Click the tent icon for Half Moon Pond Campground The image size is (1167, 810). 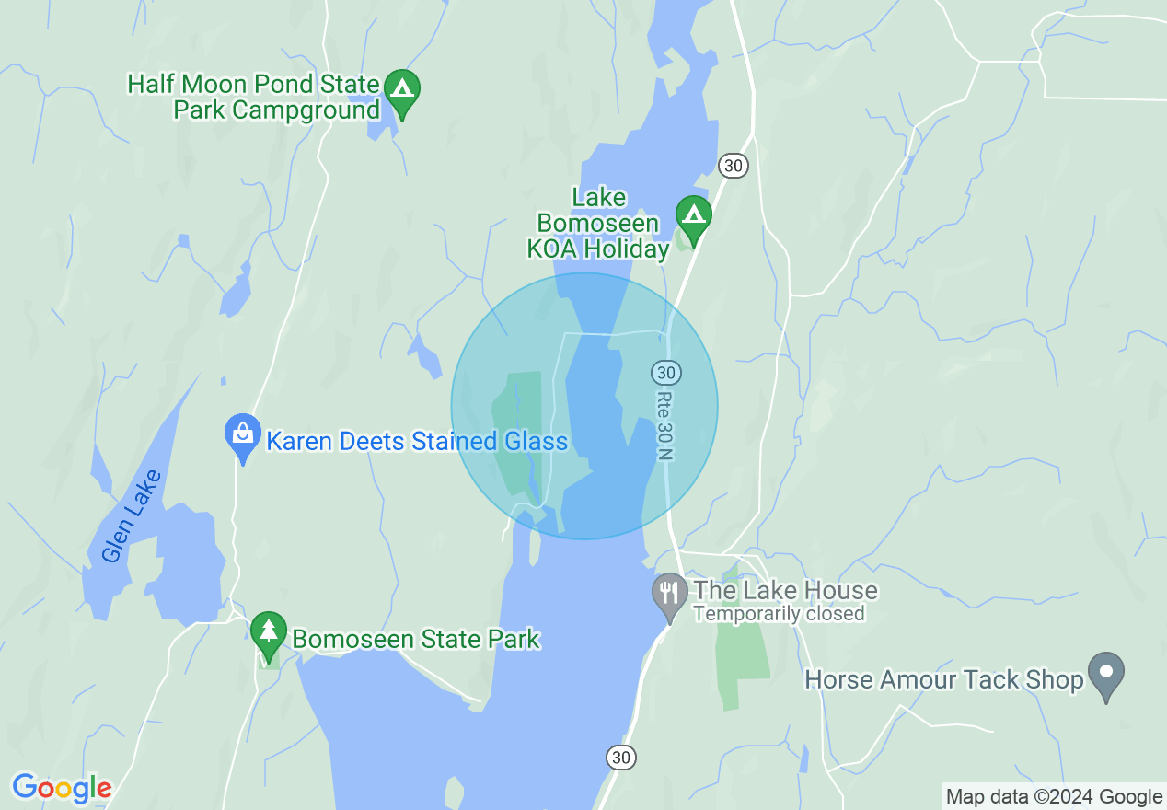(x=401, y=90)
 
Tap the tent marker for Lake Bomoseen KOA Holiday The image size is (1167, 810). (x=693, y=216)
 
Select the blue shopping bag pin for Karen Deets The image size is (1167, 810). (x=242, y=434)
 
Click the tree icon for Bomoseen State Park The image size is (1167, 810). (x=268, y=631)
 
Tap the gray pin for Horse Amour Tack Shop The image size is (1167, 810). (x=1106, y=673)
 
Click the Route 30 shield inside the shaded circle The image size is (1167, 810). (x=666, y=373)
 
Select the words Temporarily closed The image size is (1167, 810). (x=778, y=614)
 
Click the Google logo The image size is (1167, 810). (x=62, y=788)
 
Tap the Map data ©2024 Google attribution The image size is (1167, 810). (x=1054, y=797)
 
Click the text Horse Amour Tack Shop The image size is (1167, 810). (x=943, y=680)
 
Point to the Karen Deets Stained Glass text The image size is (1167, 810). (x=416, y=442)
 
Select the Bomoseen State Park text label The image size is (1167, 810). (x=415, y=639)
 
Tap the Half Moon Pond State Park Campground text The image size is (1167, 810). (x=253, y=98)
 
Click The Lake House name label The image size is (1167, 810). (x=785, y=590)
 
